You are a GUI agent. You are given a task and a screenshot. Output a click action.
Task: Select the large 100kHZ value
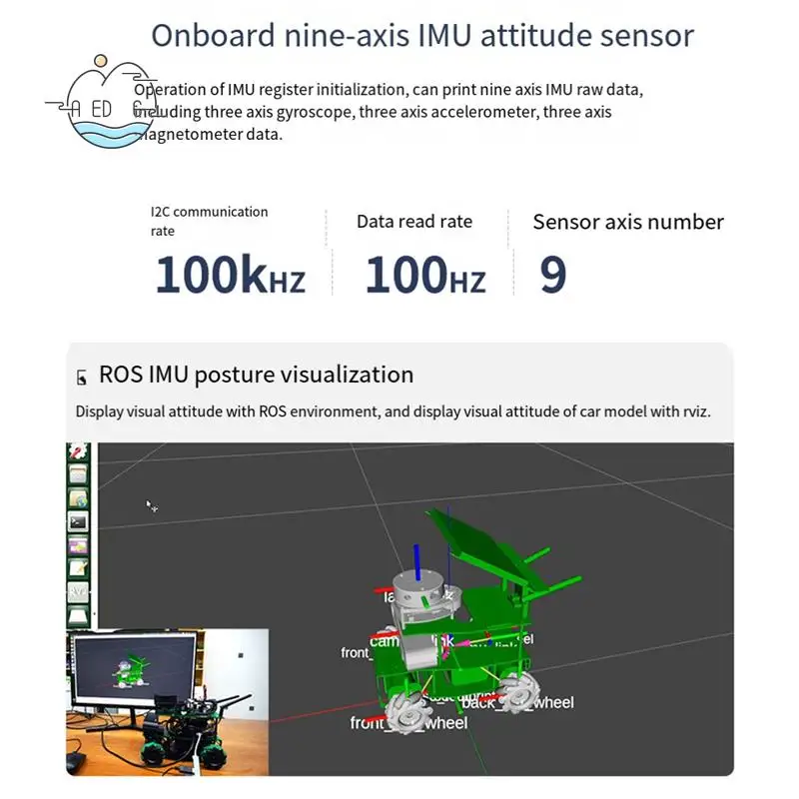[230, 275]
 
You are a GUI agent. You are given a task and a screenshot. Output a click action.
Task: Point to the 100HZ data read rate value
[424, 275]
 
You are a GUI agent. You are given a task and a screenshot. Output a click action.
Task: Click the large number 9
[552, 275]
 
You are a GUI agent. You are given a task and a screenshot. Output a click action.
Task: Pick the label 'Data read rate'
[414, 222]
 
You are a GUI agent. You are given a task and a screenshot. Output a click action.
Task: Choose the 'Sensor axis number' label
[628, 222]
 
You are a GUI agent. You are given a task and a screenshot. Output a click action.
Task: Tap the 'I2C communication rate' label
[209, 221]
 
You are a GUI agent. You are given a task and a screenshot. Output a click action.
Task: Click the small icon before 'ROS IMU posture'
[82, 378]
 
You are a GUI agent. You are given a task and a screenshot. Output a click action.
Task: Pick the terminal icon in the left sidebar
[78, 520]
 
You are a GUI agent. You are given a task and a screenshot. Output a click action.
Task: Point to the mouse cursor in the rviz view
[151, 505]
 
